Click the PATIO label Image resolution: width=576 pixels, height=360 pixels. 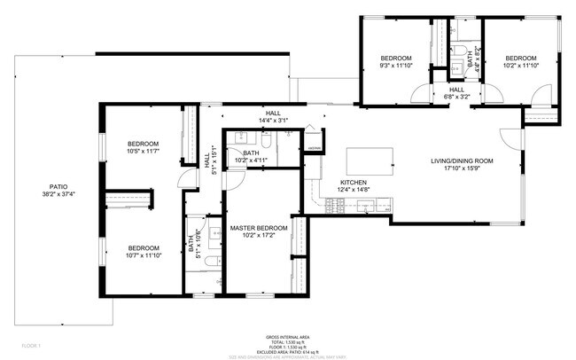click(58, 188)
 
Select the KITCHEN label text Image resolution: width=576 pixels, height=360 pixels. click(354, 183)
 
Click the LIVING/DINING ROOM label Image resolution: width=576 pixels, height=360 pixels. click(461, 160)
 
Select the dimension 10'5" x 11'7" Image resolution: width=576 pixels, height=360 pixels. click(143, 153)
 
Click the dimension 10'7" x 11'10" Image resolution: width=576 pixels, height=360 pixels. click(143, 256)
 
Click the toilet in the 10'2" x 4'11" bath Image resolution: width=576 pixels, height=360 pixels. click(265, 140)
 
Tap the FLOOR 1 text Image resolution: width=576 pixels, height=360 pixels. click(30, 343)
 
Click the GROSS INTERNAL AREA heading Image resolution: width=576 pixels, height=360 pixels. click(288, 338)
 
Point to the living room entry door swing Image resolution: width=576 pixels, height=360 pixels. click(510, 138)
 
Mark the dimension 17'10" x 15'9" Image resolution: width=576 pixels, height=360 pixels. click(461, 168)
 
